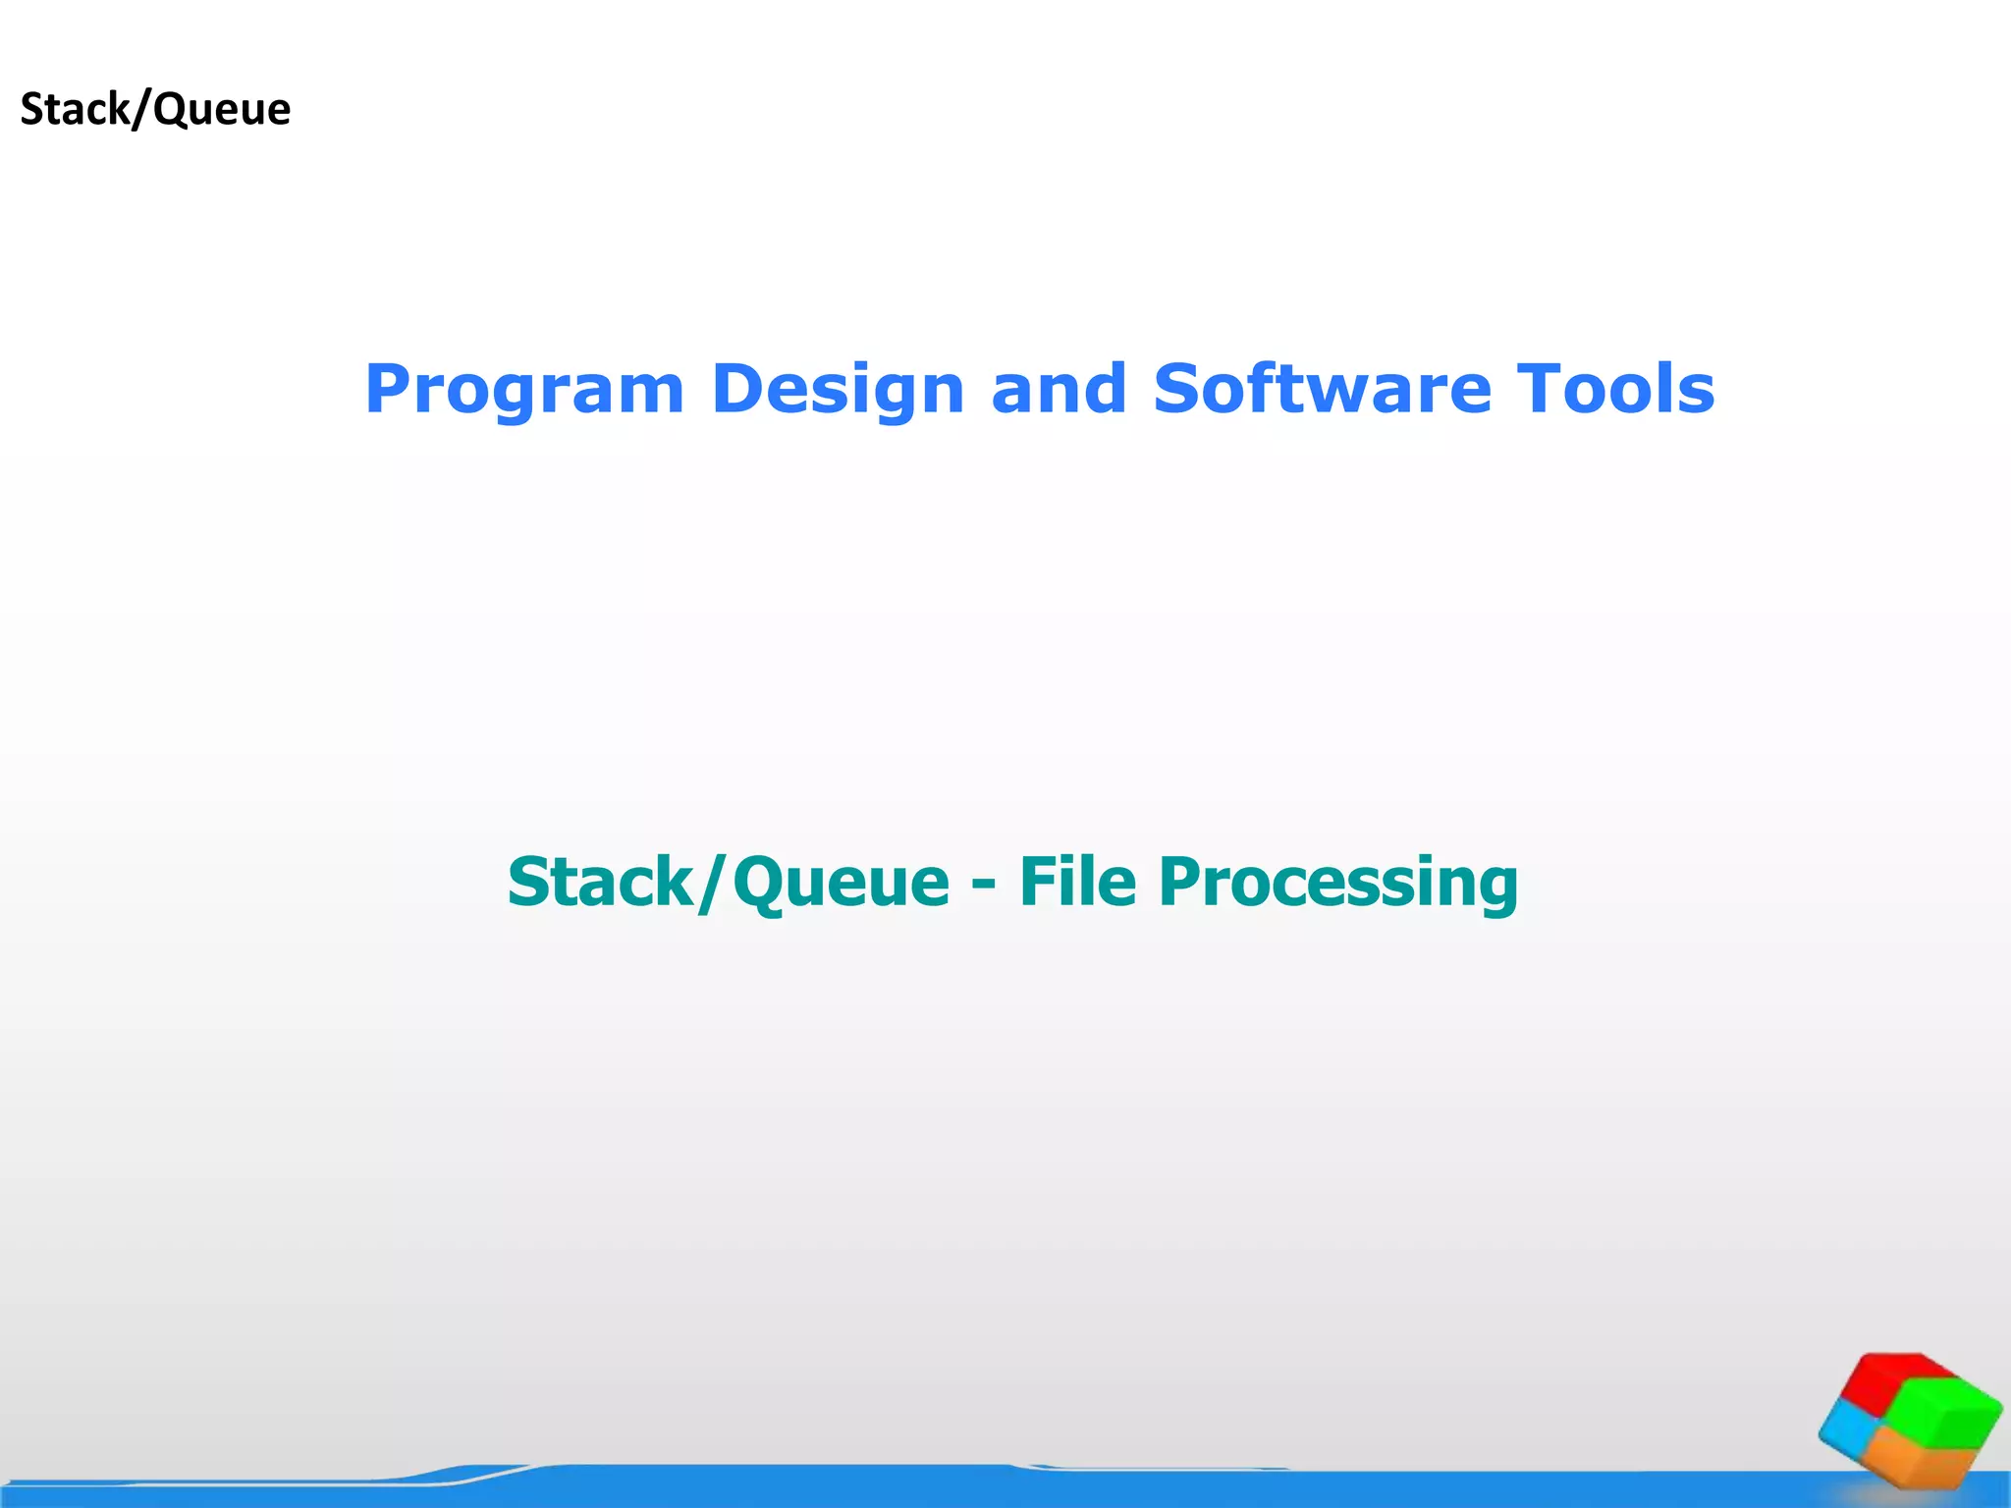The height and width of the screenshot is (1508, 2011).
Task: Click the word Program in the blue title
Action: [523, 392]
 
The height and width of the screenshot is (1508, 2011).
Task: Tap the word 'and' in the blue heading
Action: [1059, 390]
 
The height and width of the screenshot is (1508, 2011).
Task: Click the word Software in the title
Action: [1322, 390]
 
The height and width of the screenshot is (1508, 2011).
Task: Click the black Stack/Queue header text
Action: [155, 109]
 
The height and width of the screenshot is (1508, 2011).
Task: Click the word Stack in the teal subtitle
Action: [600, 882]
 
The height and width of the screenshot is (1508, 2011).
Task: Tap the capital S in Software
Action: [1177, 390]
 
